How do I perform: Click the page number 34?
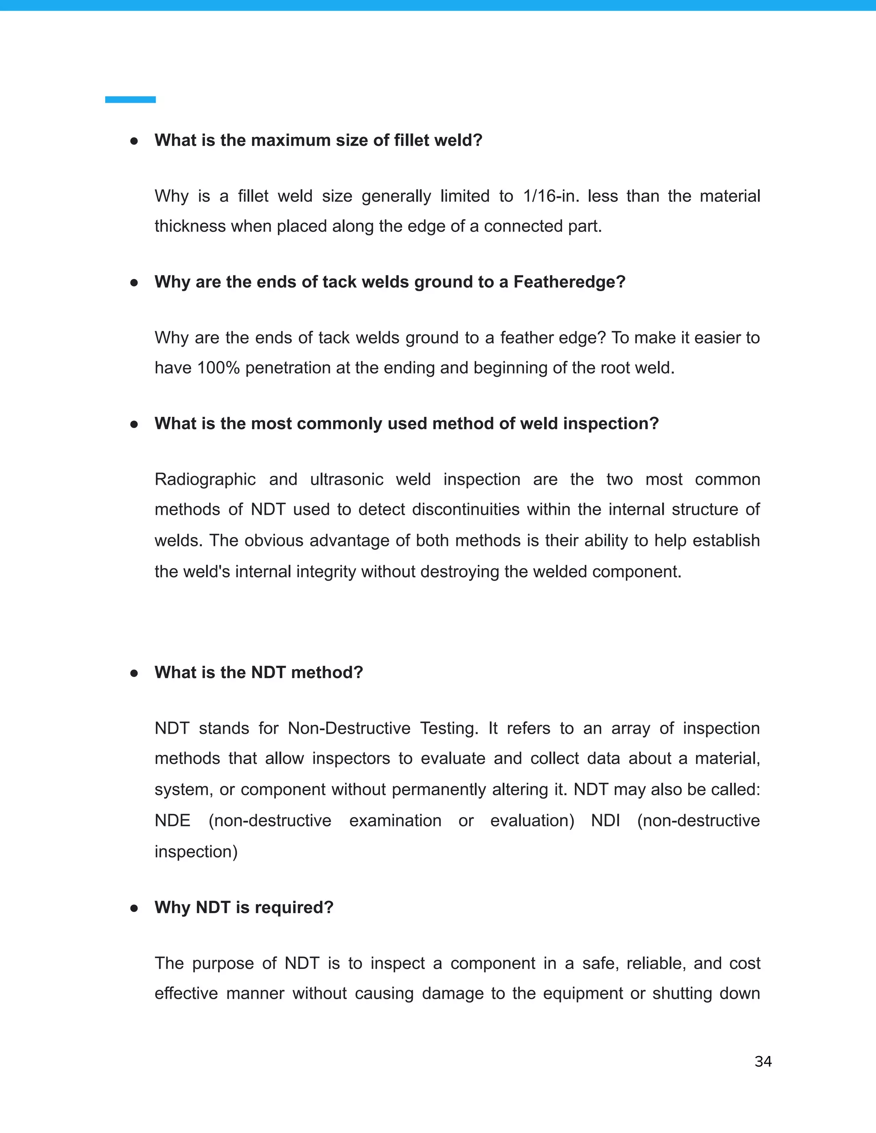763,1062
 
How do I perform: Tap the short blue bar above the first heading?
130,100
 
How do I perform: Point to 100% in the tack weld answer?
218,368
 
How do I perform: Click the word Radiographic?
205,479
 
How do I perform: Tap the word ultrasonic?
346,479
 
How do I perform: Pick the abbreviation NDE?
172,821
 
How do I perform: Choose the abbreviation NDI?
605,821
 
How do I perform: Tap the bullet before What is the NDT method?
134,673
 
